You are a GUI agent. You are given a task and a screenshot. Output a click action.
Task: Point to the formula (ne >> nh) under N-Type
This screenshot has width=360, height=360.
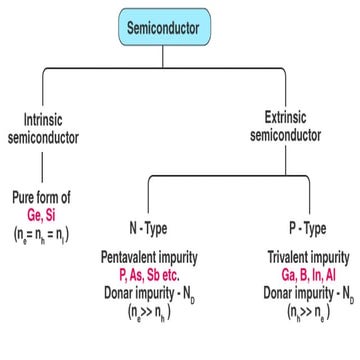[151, 310]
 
